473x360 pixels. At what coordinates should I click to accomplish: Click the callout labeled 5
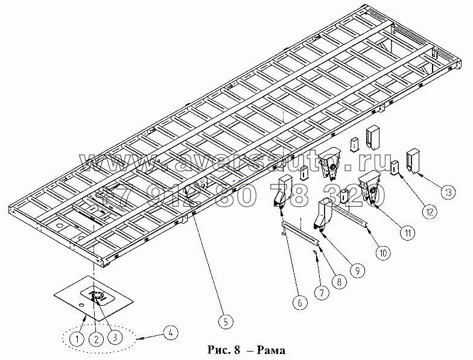224,321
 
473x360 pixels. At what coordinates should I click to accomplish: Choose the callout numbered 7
322,294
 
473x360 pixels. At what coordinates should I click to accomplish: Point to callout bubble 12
429,211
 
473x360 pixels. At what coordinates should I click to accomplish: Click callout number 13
447,192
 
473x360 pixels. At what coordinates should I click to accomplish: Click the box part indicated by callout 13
413,159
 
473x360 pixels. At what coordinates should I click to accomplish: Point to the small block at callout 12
395,167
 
